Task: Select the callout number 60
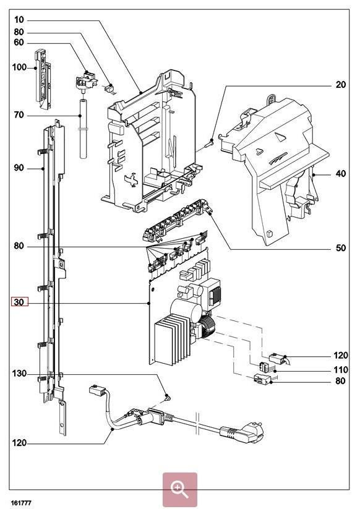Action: click(x=19, y=42)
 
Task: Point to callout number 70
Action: click(x=19, y=116)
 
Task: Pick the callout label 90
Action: click(x=19, y=168)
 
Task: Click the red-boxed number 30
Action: click(x=19, y=302)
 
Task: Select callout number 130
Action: click(x=19, y=374)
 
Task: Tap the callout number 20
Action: click(x=340, y=85)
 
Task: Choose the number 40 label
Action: click(x=340, y=174)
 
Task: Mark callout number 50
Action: click(x=340, y=249)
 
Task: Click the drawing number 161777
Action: click(x=21, y=503)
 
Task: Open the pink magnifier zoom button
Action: click(x=179, y=490)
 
